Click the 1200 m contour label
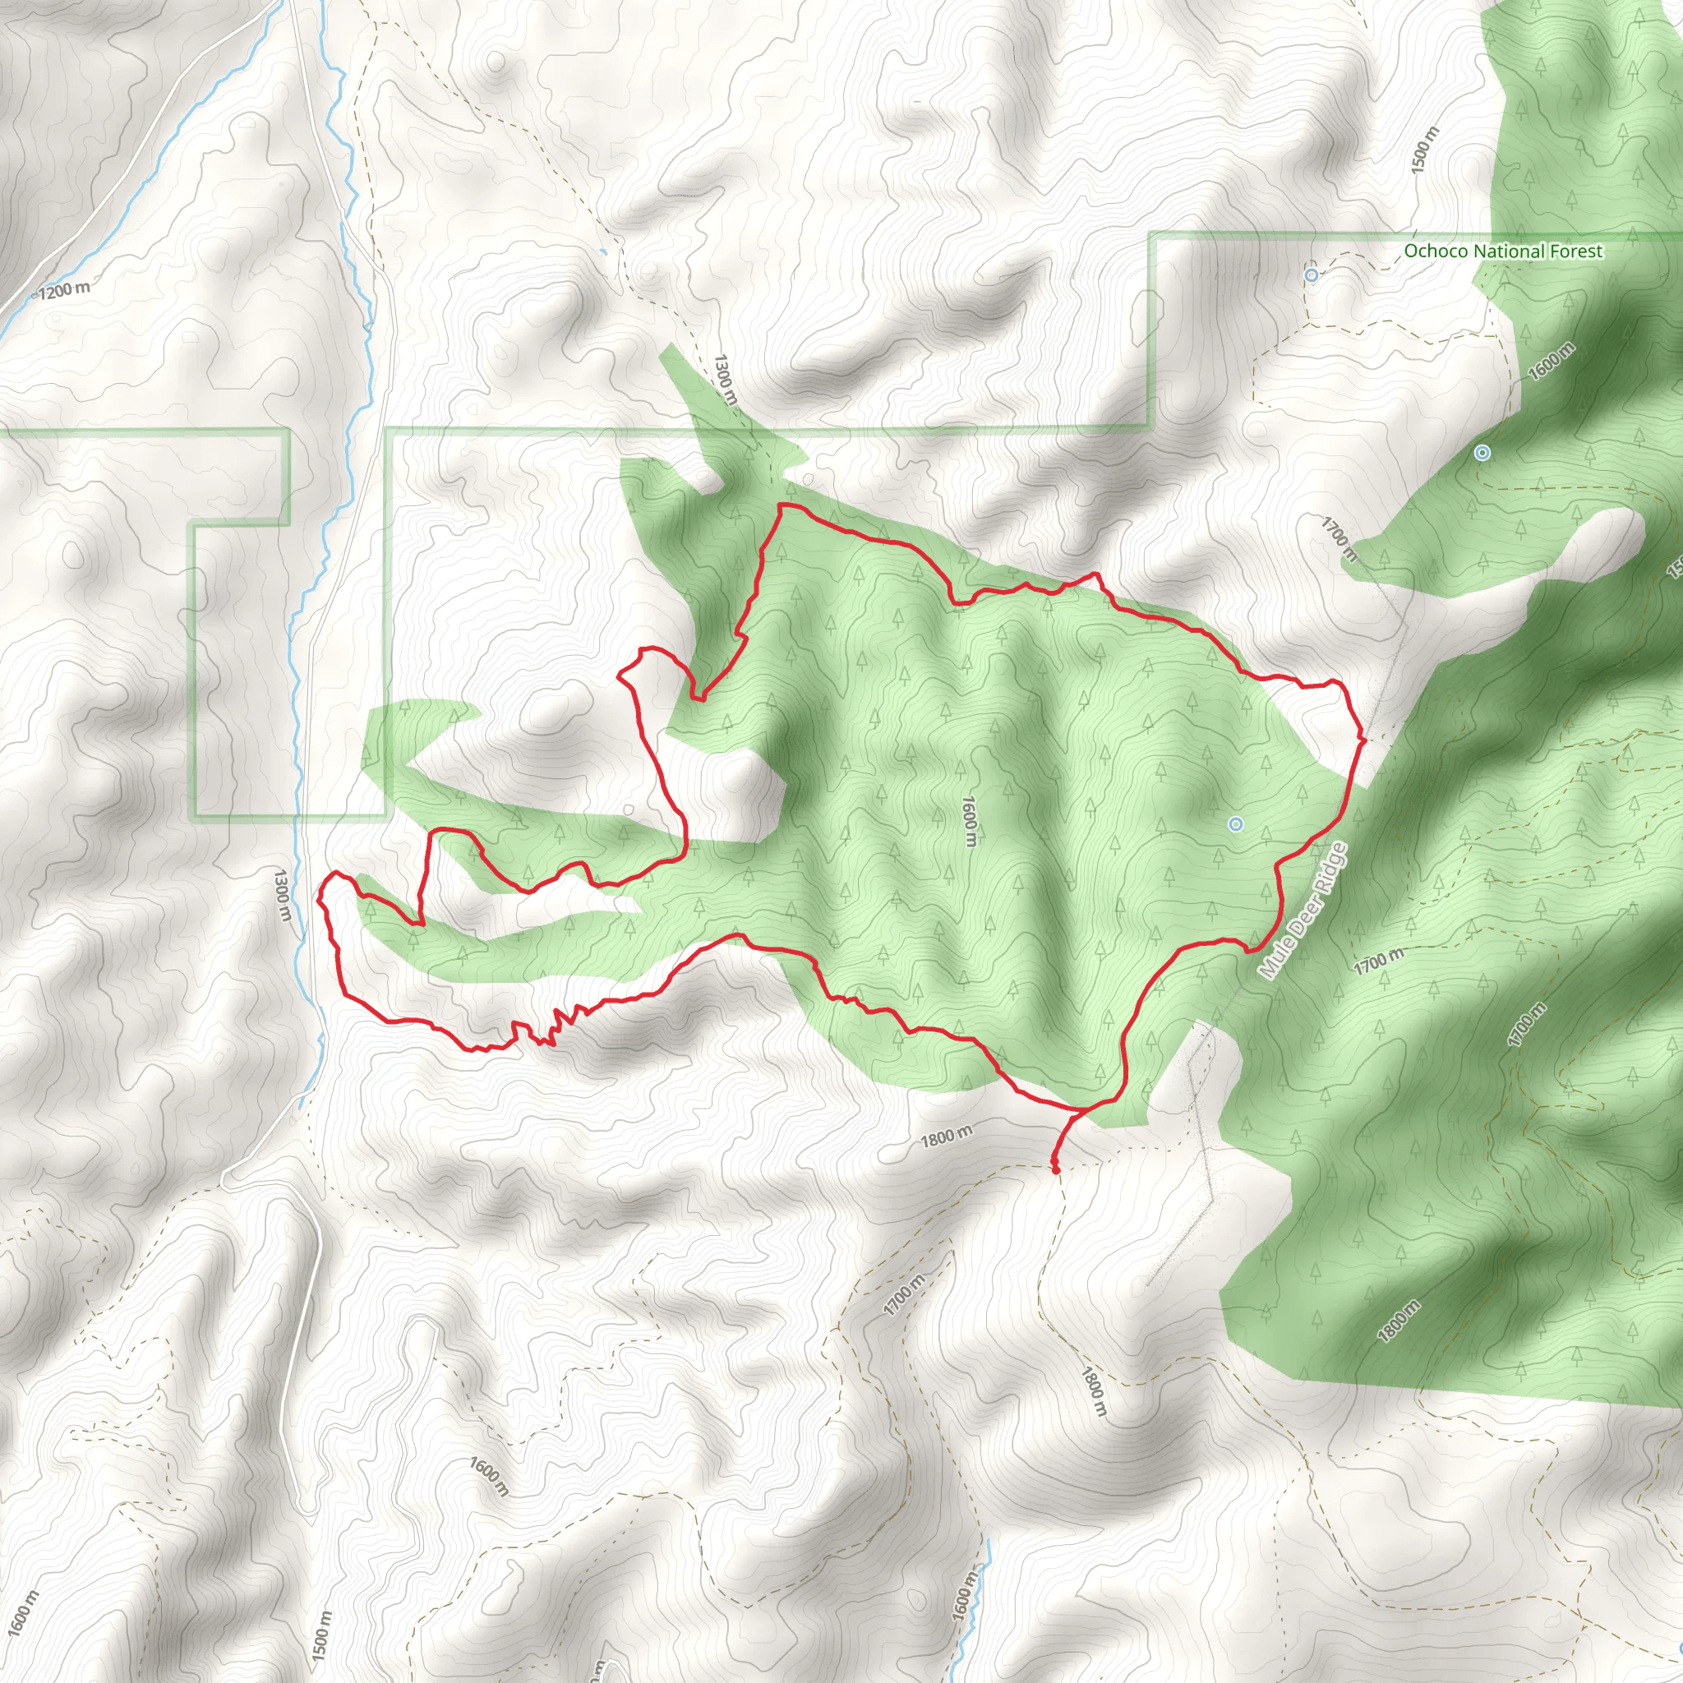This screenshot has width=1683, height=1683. [x=64, y=289]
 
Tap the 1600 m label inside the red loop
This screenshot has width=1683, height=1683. [x=970, y=819]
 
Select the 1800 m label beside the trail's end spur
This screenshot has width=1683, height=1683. [x=947, y=1136]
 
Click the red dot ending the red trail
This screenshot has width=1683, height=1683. [x=1057, y=1171]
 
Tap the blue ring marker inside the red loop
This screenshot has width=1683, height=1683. [x=1235, y=823]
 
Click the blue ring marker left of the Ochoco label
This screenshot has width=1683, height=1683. [x=1312, y=275]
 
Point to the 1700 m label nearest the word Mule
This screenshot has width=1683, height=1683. [x=1378, y=961]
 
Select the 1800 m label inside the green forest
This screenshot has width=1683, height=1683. [x=1399, y=1320]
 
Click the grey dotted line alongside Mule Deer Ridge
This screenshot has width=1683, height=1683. [x=1385, y=688]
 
